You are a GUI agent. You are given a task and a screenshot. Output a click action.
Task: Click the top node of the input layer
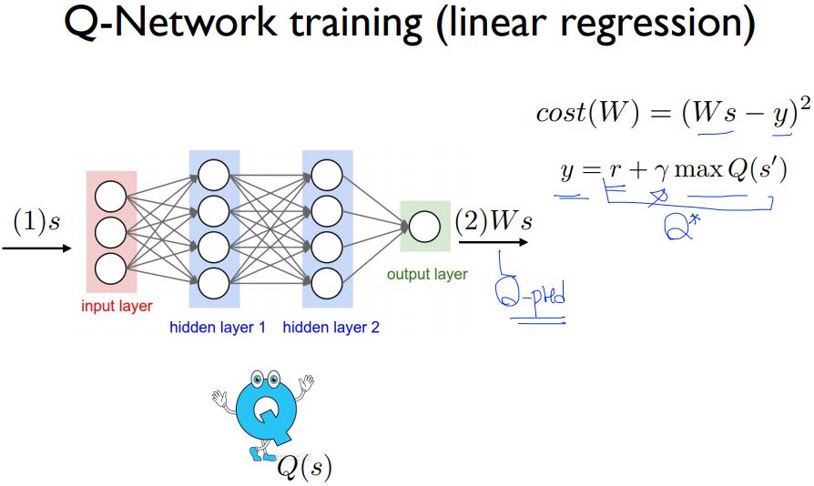(109, 195)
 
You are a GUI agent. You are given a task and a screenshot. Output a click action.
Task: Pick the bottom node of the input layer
(109, 268)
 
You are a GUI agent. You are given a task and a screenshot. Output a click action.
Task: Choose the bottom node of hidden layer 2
(326, 281)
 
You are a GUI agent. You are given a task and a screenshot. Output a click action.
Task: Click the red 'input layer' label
(117, 307)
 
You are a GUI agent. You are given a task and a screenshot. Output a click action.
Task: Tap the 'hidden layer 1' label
(218, 327)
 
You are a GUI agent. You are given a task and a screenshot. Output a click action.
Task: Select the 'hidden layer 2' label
(331, 327)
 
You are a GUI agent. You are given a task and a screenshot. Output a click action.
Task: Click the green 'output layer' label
(427, 274)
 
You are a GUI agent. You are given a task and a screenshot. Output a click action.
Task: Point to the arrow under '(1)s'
(36, 245)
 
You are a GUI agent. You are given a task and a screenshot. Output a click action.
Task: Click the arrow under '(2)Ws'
(493, 242)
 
